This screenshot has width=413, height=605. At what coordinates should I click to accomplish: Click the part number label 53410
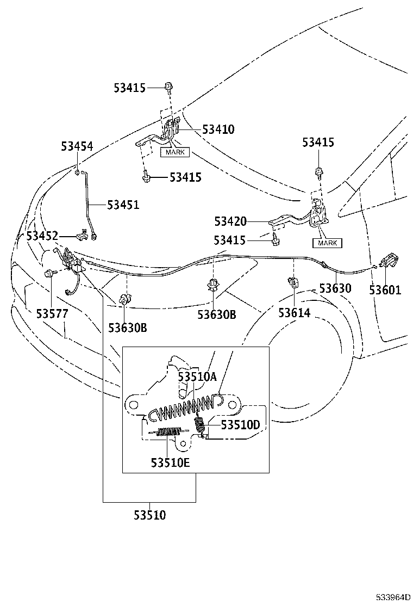pyautogui.click(x=218, y=129)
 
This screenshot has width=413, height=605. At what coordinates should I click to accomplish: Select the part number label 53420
pyautogui.click(x=230, y=221)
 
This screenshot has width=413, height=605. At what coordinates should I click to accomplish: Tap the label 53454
pyautogui.click(x=77, y=146)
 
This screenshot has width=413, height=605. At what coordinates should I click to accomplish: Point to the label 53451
pyautogui.click(x=123, y=205)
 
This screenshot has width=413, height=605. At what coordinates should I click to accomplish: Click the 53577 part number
pyautogui.click(x=52, y=314)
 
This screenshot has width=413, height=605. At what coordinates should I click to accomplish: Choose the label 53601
pyautogui.click(x=385, y=290)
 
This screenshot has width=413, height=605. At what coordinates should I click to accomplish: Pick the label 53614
pyautogui.click(x=294, y=313)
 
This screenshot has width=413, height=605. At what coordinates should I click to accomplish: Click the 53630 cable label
pyautogui.click(x=335, y=288)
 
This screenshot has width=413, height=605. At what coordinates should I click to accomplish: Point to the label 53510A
pyautogui.click(x=197, y=376)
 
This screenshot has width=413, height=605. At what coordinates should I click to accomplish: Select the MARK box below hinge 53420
pyautogui.click(x=327, y=243)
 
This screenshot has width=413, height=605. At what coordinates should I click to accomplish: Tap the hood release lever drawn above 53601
pyautogui.click(x=391, y=262)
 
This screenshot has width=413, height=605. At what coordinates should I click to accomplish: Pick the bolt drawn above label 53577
pyautogui.click(x=49, y=273)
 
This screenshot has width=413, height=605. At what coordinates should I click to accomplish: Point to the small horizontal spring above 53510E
pyautogui.click(x=168, y=432)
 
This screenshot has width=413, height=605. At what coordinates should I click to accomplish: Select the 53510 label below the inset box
pyautogui.click(x=150, y=515)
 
